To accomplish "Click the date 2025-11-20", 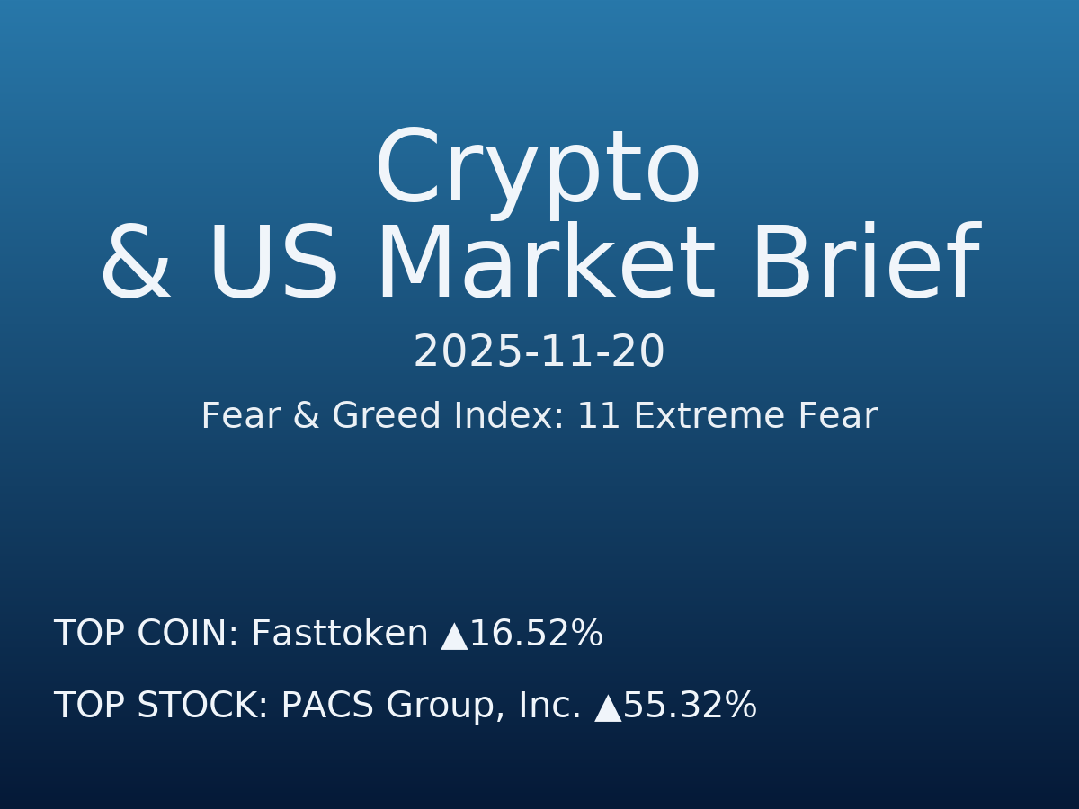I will click(x=539, y=352).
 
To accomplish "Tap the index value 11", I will click(x=599, y=417).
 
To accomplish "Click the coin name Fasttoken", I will click(x=340, y=635).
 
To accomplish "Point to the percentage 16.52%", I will click(x=536, y=635).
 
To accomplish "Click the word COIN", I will click(x=188, y=635).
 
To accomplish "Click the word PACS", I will click(x=326, y=707).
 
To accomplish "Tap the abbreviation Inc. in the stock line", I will click(x=549, y=707).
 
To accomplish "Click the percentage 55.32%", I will click(x=690, y=707).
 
